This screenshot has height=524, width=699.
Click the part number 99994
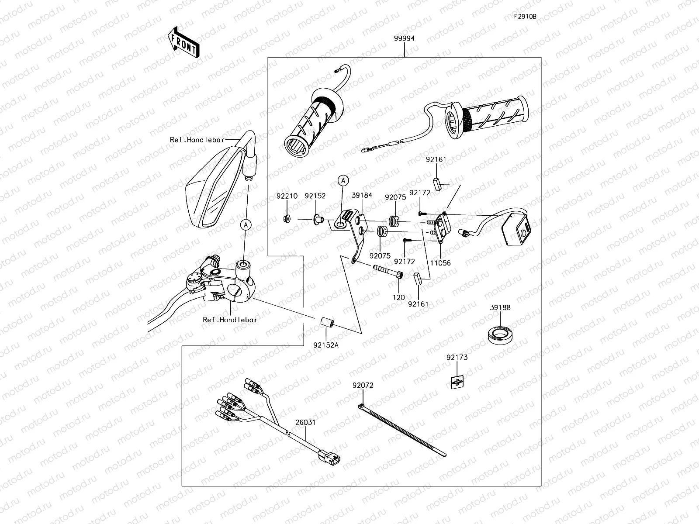(x=404, y=38)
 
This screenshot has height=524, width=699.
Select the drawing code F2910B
(x=525, y=17)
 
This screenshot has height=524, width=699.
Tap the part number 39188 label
(x=500, y=307)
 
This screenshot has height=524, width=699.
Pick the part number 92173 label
(x=457, y=357)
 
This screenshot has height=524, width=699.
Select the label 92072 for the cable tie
(x=363, y=386)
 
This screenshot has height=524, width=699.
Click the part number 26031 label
(x=305, y=422)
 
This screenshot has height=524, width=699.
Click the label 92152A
(x=325, y=345)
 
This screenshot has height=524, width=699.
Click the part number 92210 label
(x=287, y=196)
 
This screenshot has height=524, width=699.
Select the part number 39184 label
(x=362, y=195)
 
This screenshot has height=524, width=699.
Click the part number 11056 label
(x=440, y=263)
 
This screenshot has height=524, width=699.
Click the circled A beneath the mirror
(x=246, y=225)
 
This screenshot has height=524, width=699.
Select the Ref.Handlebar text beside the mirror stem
(x=197, y=140)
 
